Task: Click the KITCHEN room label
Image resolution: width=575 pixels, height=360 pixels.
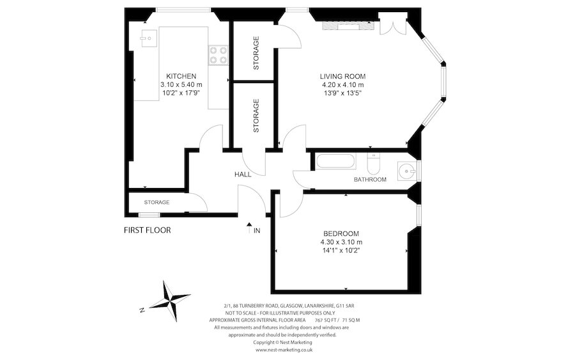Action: coord(181,75)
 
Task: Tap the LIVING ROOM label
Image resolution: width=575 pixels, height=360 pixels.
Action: coord(342,76)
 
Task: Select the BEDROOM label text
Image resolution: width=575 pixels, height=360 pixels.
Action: coord(341,233)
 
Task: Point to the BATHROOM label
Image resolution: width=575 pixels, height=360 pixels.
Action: coord(370,180)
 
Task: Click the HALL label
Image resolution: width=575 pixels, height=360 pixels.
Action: coord(242,174)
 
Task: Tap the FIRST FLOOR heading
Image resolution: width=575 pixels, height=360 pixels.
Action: coord(147,230)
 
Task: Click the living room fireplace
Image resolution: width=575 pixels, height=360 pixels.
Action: coord(346,26)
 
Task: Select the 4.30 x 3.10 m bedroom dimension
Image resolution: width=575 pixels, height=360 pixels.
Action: coord(341,242)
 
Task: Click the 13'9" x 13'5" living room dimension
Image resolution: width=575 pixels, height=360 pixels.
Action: coord(342,93)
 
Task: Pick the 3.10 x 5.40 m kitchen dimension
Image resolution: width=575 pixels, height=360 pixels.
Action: coord(181,84)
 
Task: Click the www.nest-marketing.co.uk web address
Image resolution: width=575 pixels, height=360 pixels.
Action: coord(284,350)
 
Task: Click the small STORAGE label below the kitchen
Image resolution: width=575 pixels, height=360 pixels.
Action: coord(157,202)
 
